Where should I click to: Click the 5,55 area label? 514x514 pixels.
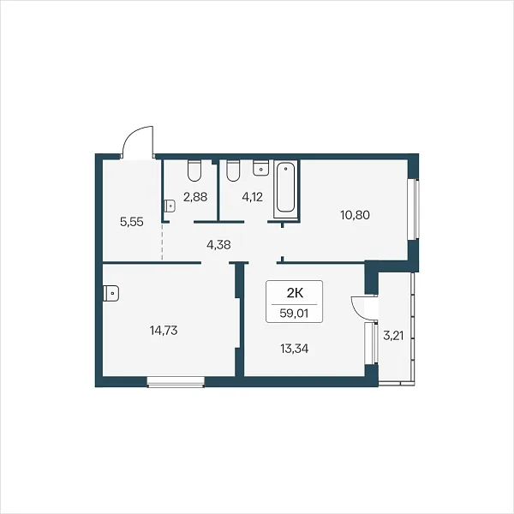pyautogui.click(x=132, y=222)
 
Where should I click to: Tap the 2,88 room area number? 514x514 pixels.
pyautogui.click(x=195, y=197)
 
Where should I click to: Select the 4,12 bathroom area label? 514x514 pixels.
pyautogui.click(x=252, y=197)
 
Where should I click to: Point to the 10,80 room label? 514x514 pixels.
pyautogui.click(x=355, y=215)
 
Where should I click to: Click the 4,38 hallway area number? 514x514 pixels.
pyautogui.click(x=218, y=244)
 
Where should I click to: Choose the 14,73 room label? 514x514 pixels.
pyautogui.click(x=164, y=331)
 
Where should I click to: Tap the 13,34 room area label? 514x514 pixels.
pyautogui.click(x=295, y=349)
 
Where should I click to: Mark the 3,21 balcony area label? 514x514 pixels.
pyautogui.click(x=393, y=336)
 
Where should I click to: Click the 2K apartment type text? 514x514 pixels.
pyautogui.click(x=295, y=293)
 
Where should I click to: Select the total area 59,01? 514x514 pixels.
pyautogui.click(x=294, y=314)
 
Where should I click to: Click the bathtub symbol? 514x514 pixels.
pyautogui.click(x=286, y=188)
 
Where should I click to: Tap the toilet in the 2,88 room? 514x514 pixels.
pyautogui.click(x=194, y=170)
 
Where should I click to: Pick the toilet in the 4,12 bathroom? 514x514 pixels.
pyautogui.click(x=233, y=170)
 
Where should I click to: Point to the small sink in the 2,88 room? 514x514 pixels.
pyautogui.click(x=169, y=206)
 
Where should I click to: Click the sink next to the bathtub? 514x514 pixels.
pyautogui.click(x=261, y=168)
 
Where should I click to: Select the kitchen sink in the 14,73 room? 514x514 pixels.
pyautogui.click(x=111, y=293)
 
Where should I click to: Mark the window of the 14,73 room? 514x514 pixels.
pyautogui.click(x=176, y=382)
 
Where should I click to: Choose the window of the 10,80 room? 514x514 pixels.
pyautogui.click(x=414, y=209)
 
